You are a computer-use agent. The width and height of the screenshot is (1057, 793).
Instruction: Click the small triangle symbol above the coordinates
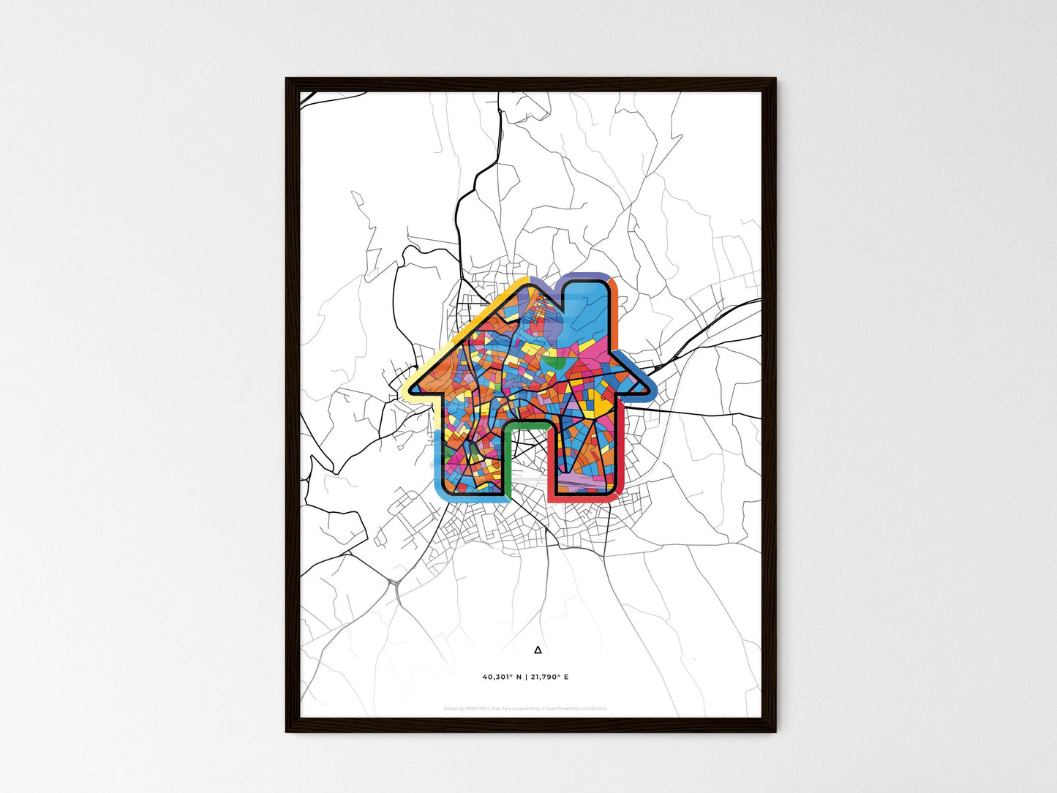click(538, 650)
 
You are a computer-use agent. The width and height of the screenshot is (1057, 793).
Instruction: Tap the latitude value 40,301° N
click(503, 677)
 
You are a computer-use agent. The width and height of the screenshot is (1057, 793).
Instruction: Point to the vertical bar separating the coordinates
click(526, 677)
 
